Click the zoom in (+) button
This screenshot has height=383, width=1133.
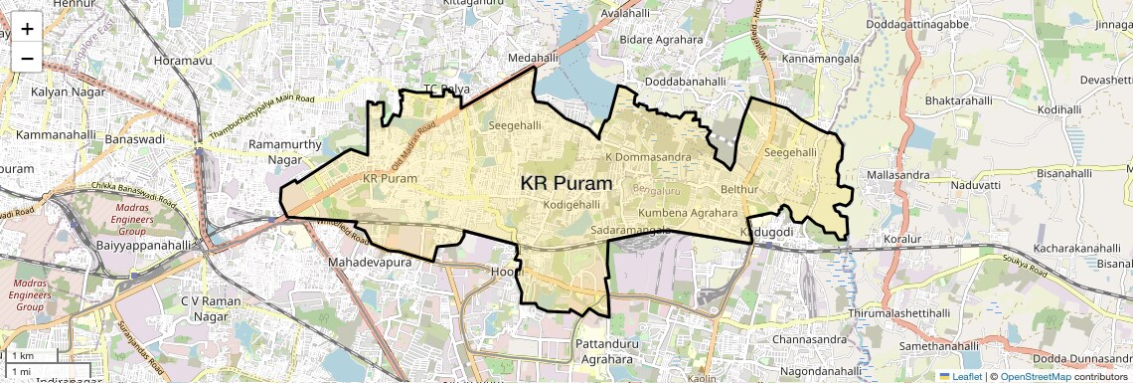pyautogui.click(x=27, y=28)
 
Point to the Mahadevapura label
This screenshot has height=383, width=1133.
pyautogui.click(x=368, y=263)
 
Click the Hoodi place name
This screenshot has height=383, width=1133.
pyautogui.click(x=507, y=271)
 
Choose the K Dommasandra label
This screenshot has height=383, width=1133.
pyautogui.click(x=648, y=157)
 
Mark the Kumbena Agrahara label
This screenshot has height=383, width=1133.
pyautogui.click(x=688, y=213)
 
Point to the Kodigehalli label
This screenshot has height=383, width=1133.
pyautogui.click(x=572, y=204)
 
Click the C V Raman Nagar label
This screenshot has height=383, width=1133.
pyautogui.click(x=211, y=308)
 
